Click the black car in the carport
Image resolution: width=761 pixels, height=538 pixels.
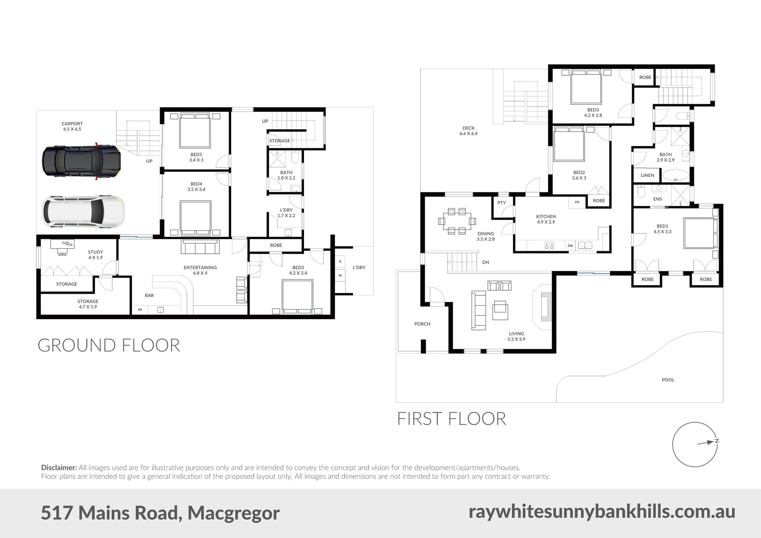81,161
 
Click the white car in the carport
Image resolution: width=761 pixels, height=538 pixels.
83,211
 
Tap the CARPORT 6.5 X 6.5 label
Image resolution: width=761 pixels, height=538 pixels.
72,126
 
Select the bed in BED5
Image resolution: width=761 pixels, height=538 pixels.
195,130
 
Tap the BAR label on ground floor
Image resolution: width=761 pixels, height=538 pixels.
149,295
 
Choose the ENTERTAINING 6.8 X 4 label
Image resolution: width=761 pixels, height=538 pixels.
200,270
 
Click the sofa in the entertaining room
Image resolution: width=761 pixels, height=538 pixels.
200,247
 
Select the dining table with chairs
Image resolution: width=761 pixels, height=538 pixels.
457,221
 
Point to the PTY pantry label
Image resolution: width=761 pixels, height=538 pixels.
502,203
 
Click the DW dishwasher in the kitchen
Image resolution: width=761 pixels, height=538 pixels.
570,246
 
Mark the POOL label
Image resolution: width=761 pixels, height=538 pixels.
668,380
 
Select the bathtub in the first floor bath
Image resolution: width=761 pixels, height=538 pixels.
676,175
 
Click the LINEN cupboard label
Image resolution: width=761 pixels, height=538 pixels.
648,175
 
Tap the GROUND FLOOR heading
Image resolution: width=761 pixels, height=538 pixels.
109,345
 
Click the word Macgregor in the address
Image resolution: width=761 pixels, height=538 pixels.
233,513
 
